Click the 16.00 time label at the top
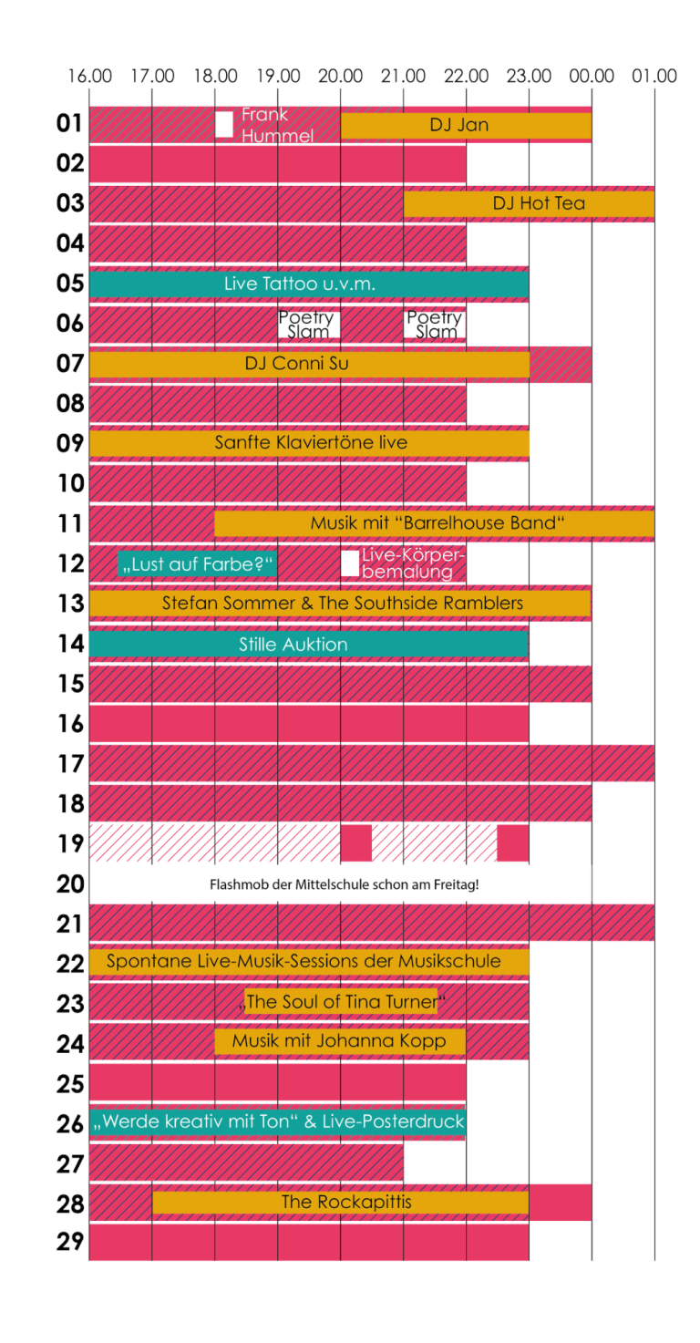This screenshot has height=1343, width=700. tap(89, 76)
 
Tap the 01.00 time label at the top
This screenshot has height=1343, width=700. tap(654, 76)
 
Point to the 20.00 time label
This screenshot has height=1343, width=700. tap(341, 76)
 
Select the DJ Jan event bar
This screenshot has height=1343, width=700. tap(466, 126)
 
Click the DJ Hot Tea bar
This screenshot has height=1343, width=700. tap(529, 204)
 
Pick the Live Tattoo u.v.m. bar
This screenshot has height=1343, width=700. tap(309, 284)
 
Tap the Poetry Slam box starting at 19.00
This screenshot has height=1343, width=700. tap(309, 325)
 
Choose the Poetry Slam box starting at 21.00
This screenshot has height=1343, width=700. tap(435, 325)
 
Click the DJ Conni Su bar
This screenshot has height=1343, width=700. tap(309, 365)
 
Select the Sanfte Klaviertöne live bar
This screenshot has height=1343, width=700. tap(310, 443)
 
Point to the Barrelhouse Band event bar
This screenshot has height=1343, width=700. tap(435, 524)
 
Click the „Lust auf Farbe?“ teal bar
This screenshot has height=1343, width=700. tap(198, 564)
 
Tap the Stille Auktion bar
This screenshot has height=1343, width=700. tap(309, 645)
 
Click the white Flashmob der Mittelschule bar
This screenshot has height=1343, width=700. tap(341, 884)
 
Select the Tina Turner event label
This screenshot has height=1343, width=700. tap(341, 1002)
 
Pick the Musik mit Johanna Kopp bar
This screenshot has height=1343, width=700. tap(340, 1041)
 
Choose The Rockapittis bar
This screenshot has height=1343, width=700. tap(341, 1203)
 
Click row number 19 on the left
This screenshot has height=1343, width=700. tap(70, 844)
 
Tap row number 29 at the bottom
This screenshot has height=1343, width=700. tap(70, 1243)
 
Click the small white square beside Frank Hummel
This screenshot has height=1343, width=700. tap(224, 124)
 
